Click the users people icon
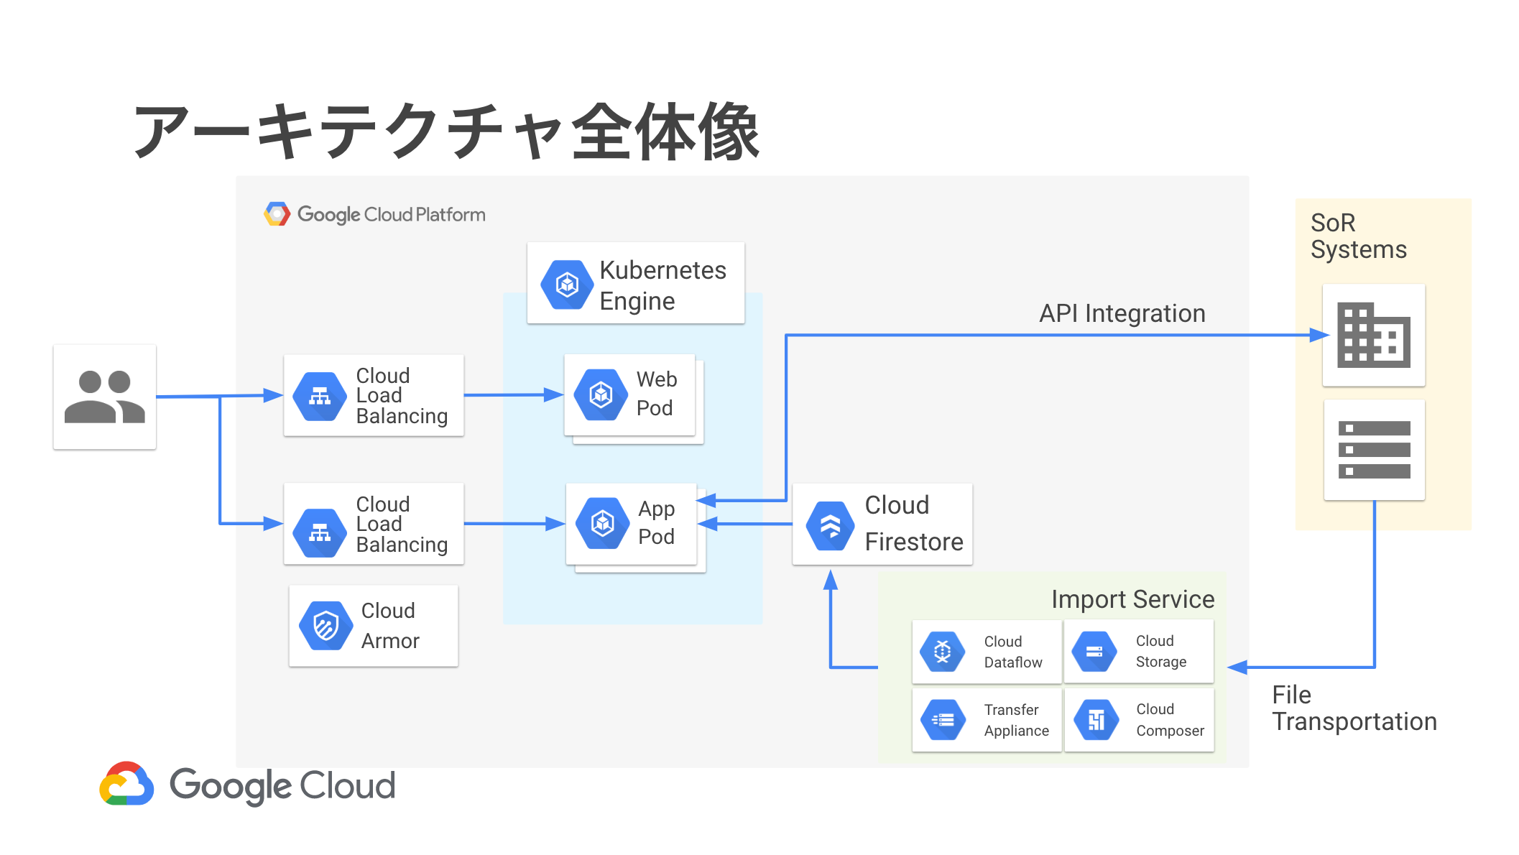(x=105, y=397)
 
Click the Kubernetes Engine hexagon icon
(x=567, y=285)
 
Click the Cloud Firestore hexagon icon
(x=830, y=525)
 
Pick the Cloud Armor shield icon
(x=325, y=625)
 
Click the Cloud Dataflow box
(x=986, y=652)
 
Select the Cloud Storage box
(x=1138, y=651)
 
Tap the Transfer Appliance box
(x=986, y=720)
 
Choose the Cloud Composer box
(x=1139, y=720)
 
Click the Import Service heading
(x=1132, y=599)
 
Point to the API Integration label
(x=1122, y=313)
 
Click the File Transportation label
(x=1354, y=708)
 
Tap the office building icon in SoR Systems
(x=1373, y=335)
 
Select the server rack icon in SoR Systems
(x=1374, y=450)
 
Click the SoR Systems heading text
(x=1357, y=236)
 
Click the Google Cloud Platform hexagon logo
(x=277, y=214)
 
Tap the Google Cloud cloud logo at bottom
(x=126, y=784)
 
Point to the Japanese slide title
(x=446, y=131)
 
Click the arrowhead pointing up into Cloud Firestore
(x=831, y=579)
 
